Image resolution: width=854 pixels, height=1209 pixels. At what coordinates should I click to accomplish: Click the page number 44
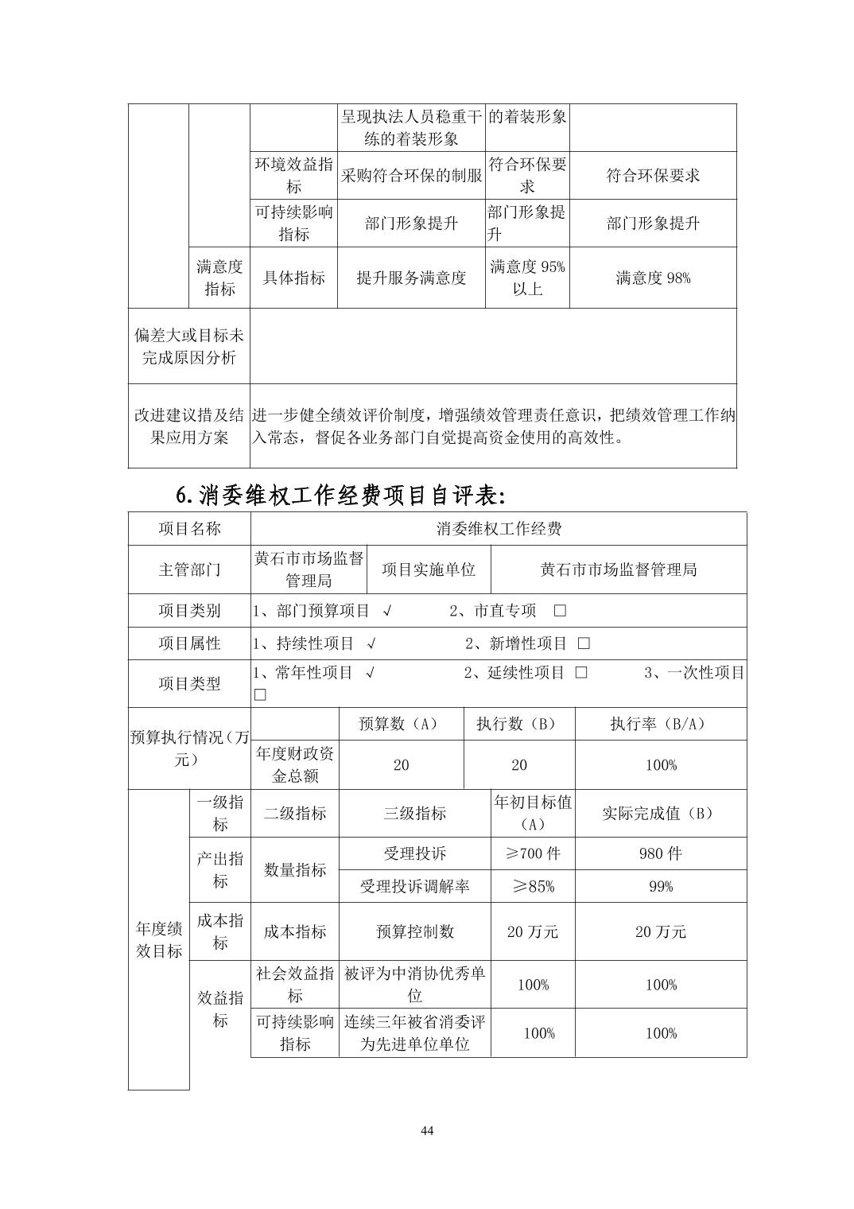pos(427,1131)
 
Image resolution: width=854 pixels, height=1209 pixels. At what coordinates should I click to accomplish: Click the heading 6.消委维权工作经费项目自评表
pos(340,496)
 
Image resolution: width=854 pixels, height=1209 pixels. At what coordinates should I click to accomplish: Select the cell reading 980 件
pos(660,853)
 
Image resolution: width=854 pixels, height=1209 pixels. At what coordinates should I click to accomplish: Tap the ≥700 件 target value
pos(533,853)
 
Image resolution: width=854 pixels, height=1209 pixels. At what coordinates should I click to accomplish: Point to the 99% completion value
pos(660,886)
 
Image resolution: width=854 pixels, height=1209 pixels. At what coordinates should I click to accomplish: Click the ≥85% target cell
pos(533,886)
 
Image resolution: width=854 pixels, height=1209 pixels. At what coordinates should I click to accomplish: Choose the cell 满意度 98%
pos(653,278)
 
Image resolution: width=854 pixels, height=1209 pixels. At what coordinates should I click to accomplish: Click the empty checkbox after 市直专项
pos(560,611)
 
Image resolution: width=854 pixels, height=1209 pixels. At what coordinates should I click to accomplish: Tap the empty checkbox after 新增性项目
pos(584,643)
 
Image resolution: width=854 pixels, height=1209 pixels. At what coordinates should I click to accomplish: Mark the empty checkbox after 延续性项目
pos(581,673)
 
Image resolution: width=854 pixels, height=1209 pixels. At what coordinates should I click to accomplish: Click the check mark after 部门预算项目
pos(386,611)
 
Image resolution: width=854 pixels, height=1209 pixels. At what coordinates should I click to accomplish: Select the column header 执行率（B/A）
pos(660,724)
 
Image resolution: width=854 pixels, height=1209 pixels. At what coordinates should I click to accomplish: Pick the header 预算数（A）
pos(401,724)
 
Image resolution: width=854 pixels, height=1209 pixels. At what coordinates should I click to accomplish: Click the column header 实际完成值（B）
pos(660,813)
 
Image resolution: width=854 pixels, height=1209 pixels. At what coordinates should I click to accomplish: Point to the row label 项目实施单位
pos(429,570)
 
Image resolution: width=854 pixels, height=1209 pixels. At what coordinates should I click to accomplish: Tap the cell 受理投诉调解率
pos(414,886)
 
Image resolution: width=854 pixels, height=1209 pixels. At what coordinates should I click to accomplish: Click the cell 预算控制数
pos(414,931)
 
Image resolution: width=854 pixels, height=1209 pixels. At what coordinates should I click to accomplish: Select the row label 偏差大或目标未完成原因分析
pos(189,347)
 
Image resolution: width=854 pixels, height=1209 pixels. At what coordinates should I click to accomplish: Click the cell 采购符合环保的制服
pos(411,176)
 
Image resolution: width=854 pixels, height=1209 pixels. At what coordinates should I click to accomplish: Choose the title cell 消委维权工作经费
pos(499,529)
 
